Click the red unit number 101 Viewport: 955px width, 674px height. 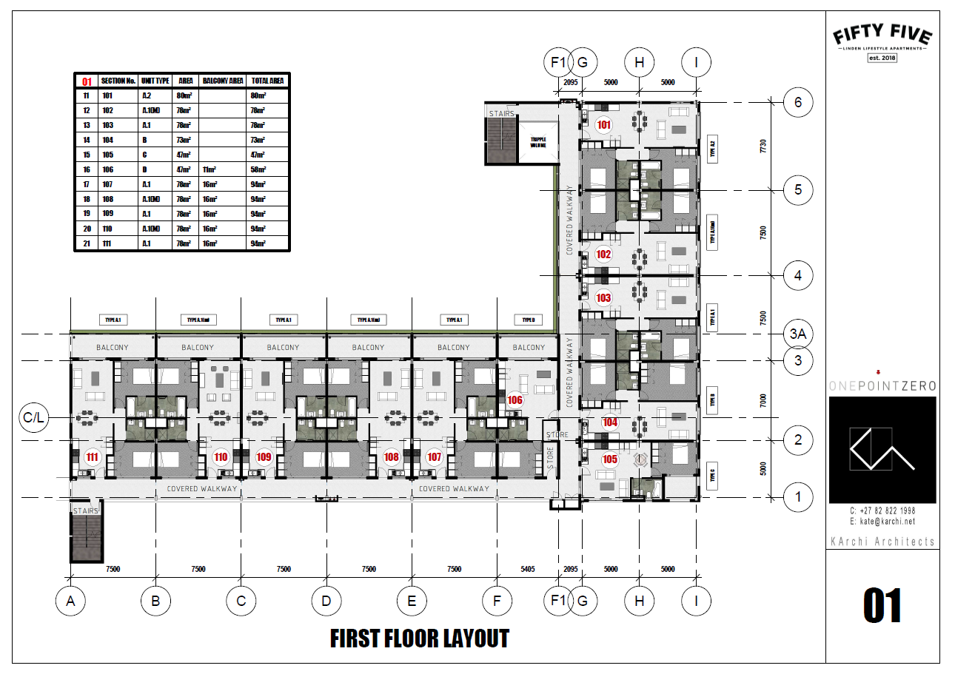[604, 125]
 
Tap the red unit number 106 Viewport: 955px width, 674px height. [515, 400]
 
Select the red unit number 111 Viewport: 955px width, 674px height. [93, 457]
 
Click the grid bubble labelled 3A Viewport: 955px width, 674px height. [797, 334]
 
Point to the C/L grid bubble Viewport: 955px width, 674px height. [33, 417]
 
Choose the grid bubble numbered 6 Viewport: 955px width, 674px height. [797, 102]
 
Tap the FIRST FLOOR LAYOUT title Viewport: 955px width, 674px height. [419, 638]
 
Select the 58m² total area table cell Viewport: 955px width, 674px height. [258, 169]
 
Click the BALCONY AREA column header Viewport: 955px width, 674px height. [223, 81]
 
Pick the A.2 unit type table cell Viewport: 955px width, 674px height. [147, 95]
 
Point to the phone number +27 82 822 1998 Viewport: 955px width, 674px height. [882, 511]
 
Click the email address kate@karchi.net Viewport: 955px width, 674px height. [882, 522]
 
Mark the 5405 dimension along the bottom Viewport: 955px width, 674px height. [527, 570]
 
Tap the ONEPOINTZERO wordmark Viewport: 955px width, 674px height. [882, 385]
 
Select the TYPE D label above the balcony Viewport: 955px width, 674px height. [528, 320]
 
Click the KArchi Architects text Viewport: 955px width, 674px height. [882, 542]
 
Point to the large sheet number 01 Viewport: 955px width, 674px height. [882, 607]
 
